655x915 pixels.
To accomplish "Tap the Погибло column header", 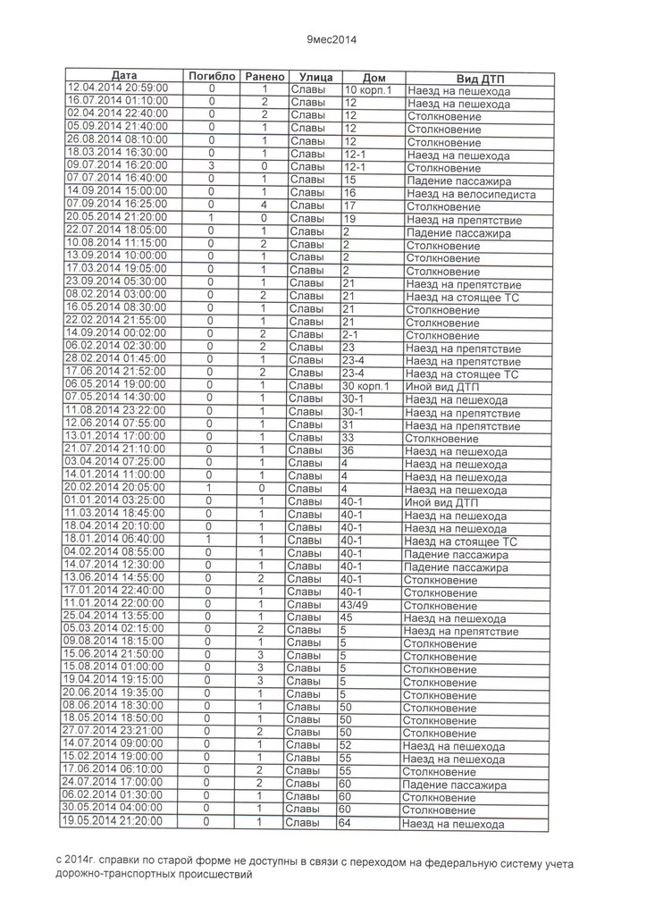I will [212, 77].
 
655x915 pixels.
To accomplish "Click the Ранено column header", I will [264, 77].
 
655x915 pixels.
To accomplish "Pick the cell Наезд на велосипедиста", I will [471, 194].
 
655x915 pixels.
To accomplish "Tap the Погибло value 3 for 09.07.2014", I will [212, 166].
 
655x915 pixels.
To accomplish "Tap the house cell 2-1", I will [350, 335].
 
